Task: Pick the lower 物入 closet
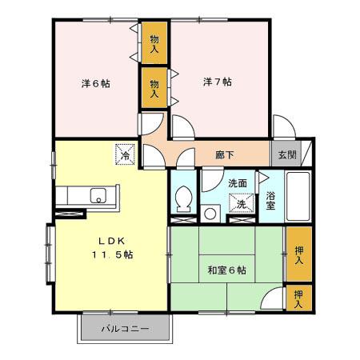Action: pos(154,88)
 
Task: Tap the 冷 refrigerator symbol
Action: pos(126,154)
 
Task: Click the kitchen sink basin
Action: pos(98,194)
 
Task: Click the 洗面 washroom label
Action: pos(238,183)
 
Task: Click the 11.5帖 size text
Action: pos(114,255)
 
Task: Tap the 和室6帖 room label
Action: pos(226,270)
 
